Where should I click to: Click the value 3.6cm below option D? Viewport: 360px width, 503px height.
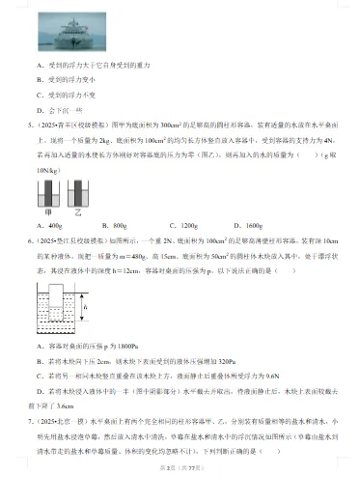[x=67, y=405]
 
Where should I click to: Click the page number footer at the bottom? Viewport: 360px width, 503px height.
[x=179, y=493]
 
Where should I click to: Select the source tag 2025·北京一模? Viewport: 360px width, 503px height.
[x=67, y=421]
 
